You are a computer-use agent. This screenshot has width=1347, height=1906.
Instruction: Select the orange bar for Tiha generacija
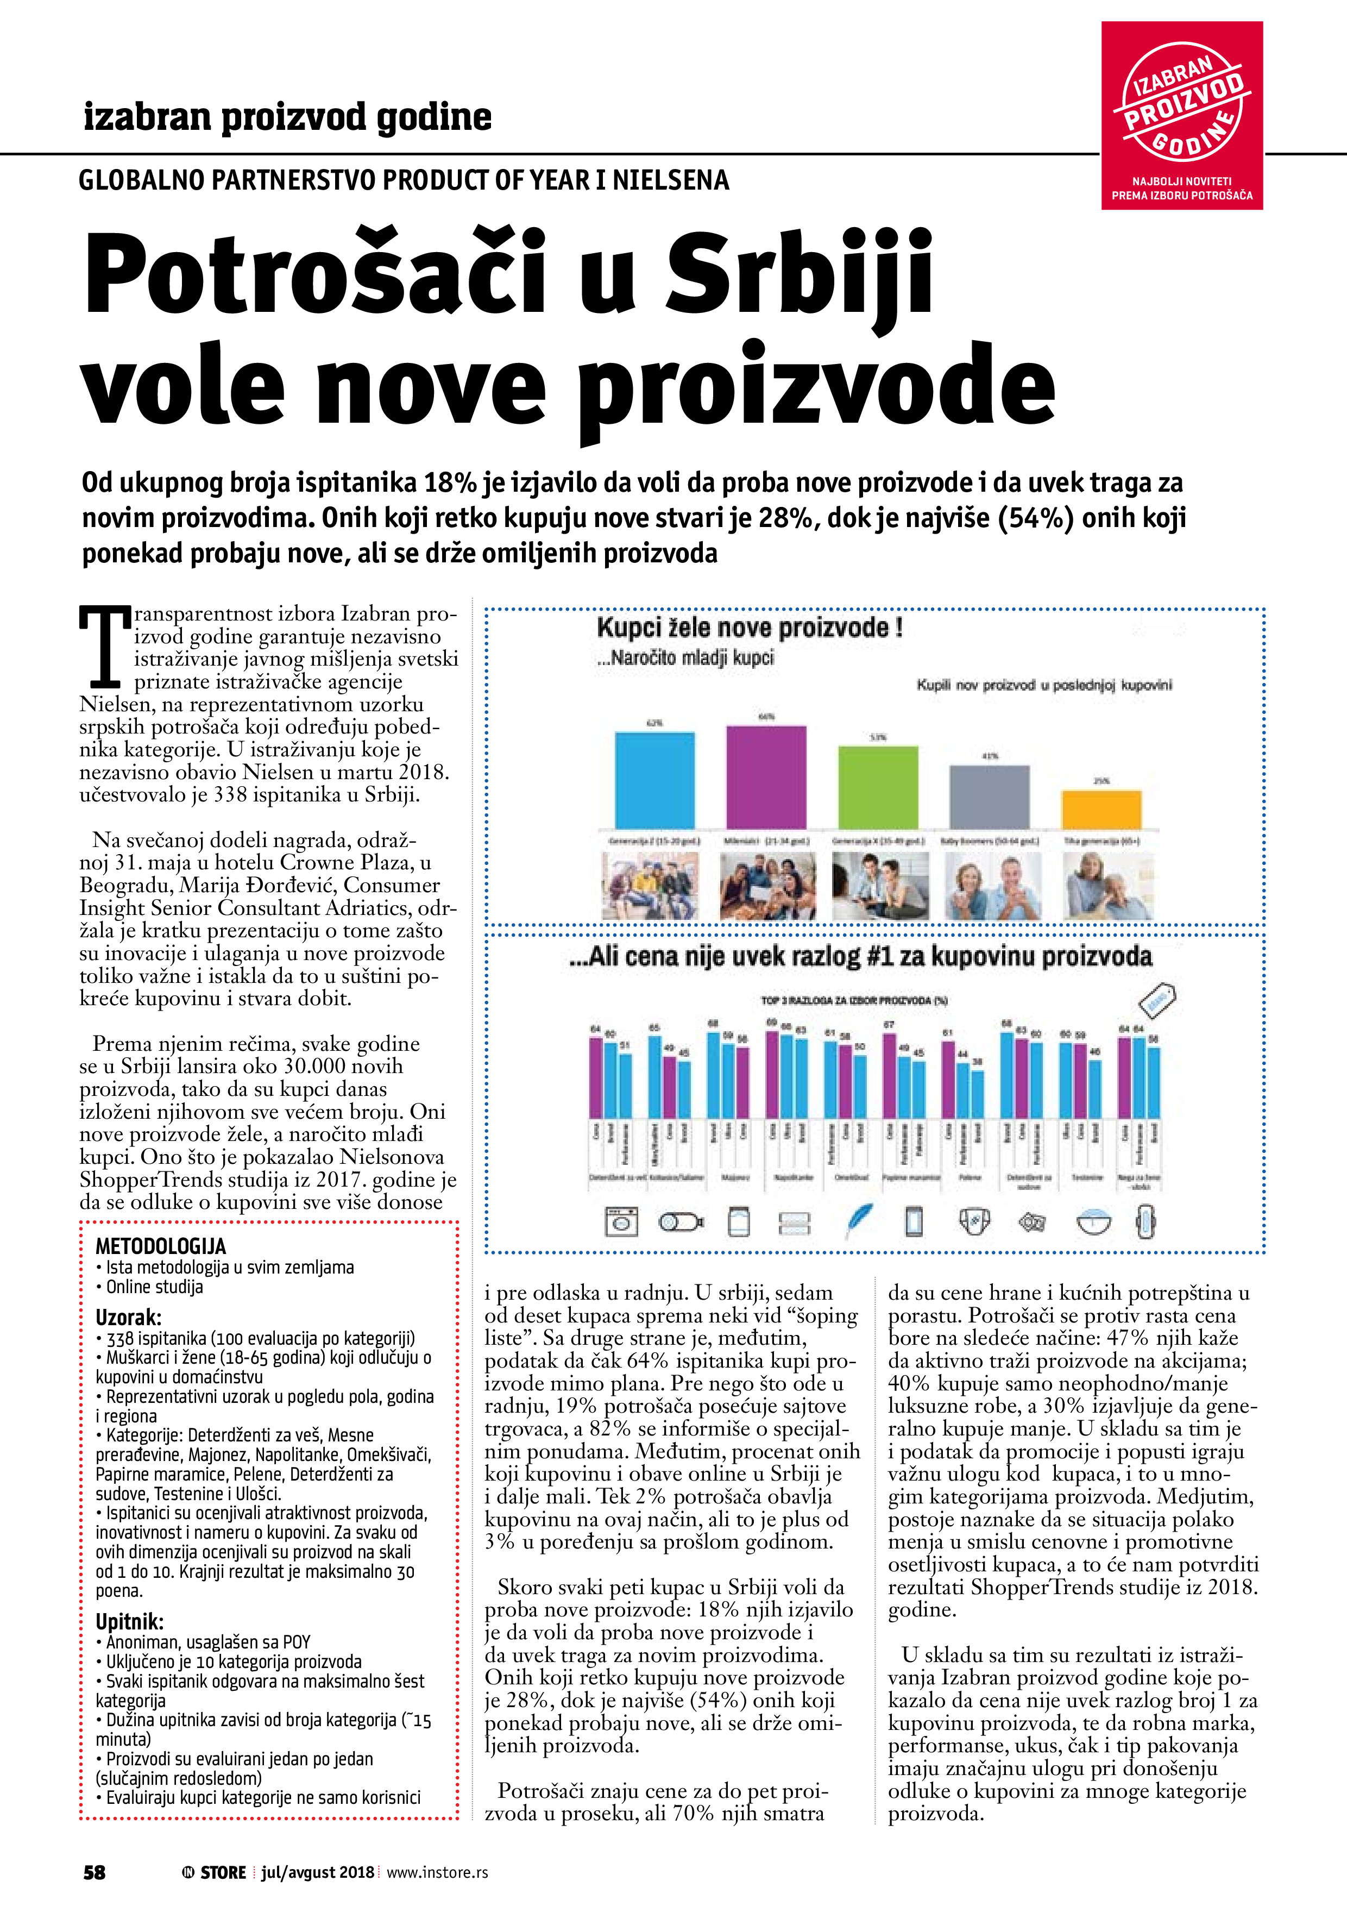pyautogui.click(x=1101, y=810)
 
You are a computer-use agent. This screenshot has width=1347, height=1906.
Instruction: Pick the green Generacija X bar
pyautogui.click(x=878, y=787)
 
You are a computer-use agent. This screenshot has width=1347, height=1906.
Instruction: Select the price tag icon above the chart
pyautogui.click(x=1159, y=1000)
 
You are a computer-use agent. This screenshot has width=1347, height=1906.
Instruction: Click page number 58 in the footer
pyautogui.click(x=95, y=1872)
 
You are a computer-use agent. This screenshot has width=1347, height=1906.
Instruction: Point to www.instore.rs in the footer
pyautogui.click(x=437, y=1872)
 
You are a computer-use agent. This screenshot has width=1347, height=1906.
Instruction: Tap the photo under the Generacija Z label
pyautogui.click(x=650, y=886)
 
